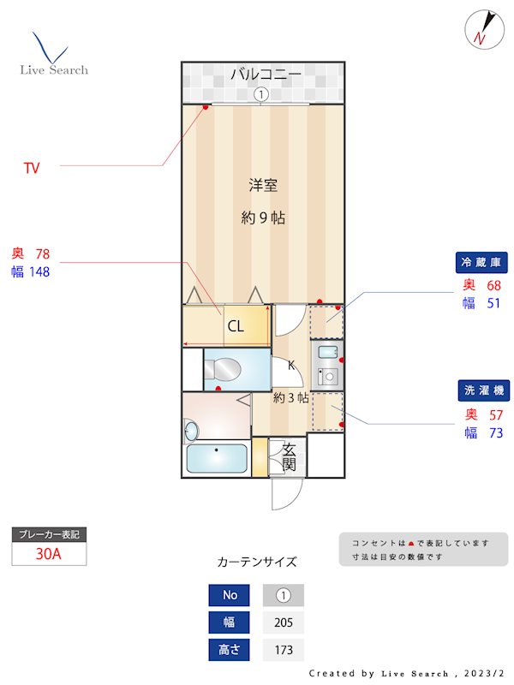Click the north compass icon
[x=481, y=29]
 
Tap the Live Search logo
[x=53, y=55]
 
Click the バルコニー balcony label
[x=265, y=74]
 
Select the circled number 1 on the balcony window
[x=261, y=94]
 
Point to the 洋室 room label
[x=262, y=185]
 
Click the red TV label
[x=32, y=169]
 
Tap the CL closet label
[x=235, y=326]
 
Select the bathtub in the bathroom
[x=217, y=460]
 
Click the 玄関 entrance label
[x=289, y=457]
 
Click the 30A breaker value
[x=49, y=553]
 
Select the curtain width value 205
[x=283, y=622]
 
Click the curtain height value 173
[x=283, y=650]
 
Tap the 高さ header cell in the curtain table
[x=230, y=650]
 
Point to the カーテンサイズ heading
[x=257, y=563]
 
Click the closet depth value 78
[x=43, y=253]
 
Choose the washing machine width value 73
[x=494, y=433]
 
